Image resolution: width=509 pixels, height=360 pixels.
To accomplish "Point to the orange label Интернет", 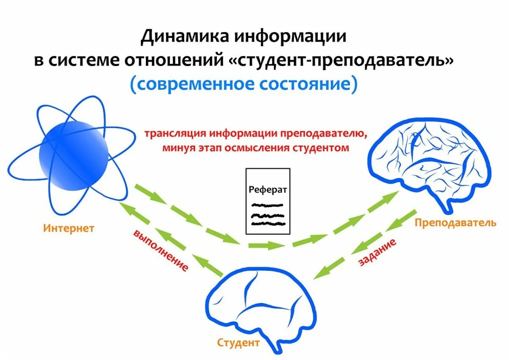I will [68, 228].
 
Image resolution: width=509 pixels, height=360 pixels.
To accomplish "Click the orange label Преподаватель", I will [455, 222].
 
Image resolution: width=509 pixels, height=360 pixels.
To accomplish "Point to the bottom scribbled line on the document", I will [267, 222].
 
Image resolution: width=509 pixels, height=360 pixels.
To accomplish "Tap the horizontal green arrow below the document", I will [266, 245].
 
